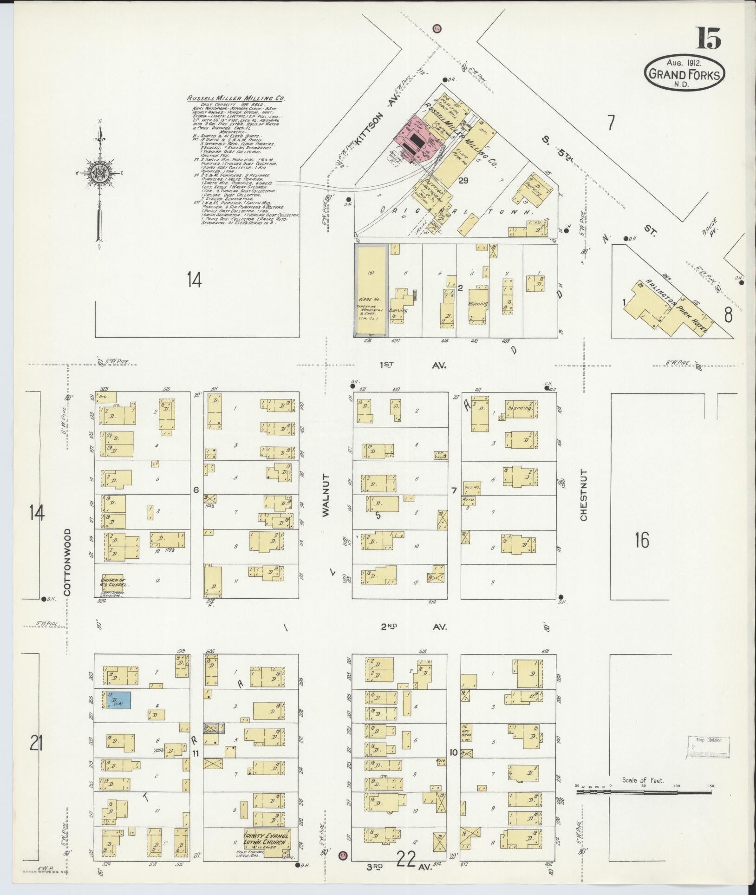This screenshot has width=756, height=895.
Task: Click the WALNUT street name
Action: pyautogui.click(x=325, y=495)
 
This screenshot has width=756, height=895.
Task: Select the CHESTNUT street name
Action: pyautogui.click(x=583, y=495)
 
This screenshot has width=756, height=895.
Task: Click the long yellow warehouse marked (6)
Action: pyautogui.click(x=371, y=288)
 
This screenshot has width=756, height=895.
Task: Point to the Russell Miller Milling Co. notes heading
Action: pyautogui.click(x=235, y=98)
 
